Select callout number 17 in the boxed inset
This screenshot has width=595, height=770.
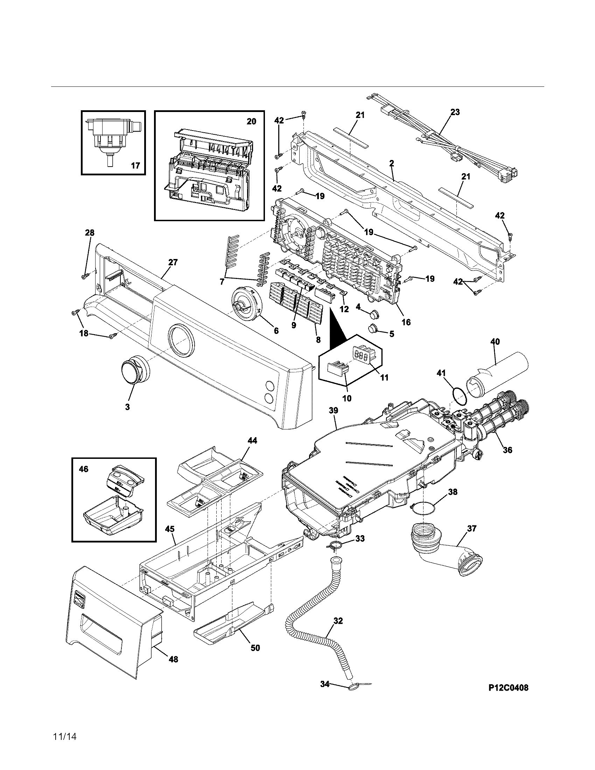tap(135, 165)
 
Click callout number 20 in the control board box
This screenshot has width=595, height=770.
tap(251, 122)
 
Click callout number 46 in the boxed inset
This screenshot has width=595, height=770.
tap(84, 469)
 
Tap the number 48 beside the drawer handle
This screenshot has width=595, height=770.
tap(173, 659)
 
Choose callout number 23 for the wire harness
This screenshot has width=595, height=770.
tap(455, 112)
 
